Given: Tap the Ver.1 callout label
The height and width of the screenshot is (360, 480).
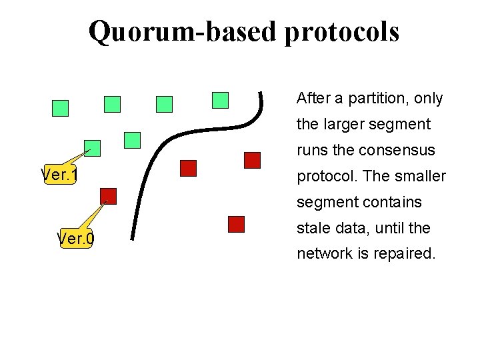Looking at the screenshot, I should point(60,175).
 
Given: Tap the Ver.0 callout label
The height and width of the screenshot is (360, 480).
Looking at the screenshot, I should point(76,238).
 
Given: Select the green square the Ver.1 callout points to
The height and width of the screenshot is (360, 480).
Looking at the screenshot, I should point(93,148).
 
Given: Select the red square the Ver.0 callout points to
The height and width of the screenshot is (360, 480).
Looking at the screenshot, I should point(109,196).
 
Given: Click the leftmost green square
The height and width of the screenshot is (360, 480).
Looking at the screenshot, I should point(61,108).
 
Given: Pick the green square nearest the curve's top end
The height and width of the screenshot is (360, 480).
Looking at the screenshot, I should point(220,100).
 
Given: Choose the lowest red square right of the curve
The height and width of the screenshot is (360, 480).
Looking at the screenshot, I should point(236,224).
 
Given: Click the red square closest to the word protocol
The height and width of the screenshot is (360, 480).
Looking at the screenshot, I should point(252,160).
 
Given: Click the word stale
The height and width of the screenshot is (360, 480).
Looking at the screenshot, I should point(313,228).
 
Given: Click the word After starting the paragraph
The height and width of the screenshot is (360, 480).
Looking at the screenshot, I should point(313,99).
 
